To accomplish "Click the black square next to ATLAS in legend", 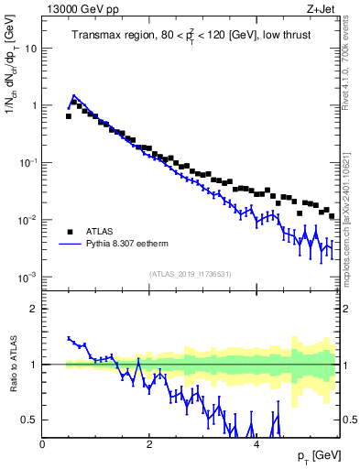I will pyautogui.click(x=70, y=232).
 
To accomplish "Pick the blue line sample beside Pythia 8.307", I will pyautogui.click(x=70, y=245).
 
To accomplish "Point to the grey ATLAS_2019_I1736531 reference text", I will pyautogui.click(x=190, y=273).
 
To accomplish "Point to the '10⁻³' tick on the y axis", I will pyautogui.click(x=27, y=277).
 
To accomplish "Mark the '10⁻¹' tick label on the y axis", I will pyautogui.click(x=27, y=162).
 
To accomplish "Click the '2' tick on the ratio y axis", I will pyautogui.click(x=34, y=309).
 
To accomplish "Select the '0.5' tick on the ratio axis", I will pyautogui.click(x=30, y=420).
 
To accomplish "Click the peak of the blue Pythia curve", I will pyautogui.click(x=74, y=95).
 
